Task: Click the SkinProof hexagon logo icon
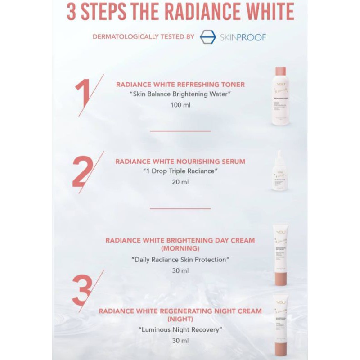coord(207,37)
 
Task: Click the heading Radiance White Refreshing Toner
coord(180,84)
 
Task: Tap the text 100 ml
coord(180,105)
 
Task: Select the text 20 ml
coord(180,182)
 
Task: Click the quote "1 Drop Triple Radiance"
coord(180,171)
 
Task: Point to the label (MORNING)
coord(180,248)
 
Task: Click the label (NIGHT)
coord(180,319)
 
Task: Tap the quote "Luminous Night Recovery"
coord(180,330)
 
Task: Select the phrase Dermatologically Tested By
coord(143,37)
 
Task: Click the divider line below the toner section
coord(180,131)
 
